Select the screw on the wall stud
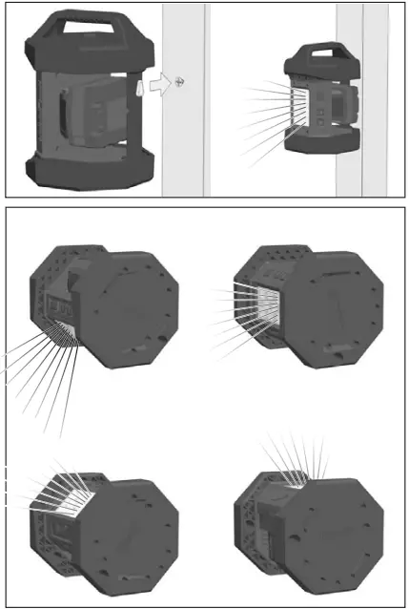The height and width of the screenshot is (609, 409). pyautogui.click(x=178, y=84)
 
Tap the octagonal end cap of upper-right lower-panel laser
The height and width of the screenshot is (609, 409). pyautogui.click(x=334, y=305)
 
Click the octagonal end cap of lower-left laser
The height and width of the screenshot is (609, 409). pyautogui.click(x=133, y=535)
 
